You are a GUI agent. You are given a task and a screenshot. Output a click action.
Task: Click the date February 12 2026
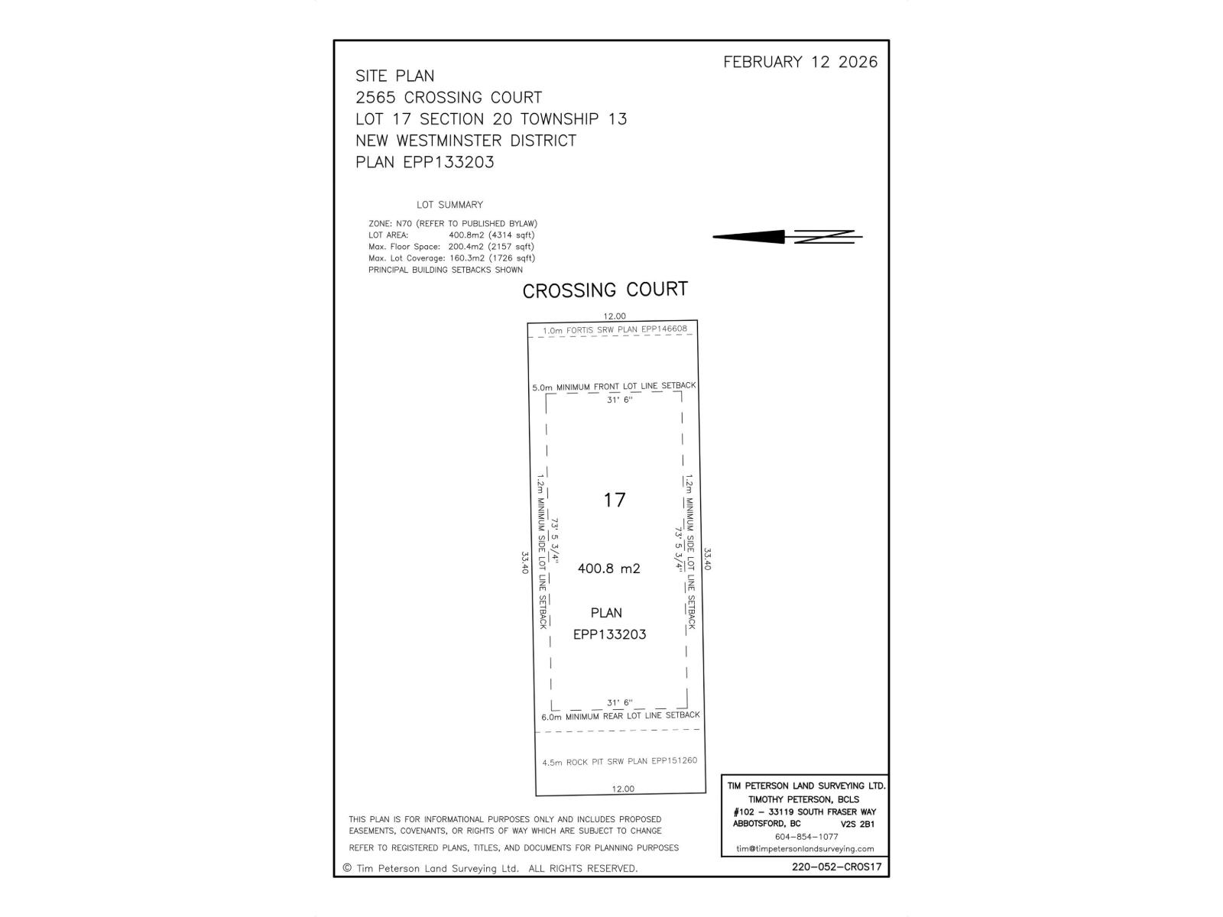click(x=800, y=62)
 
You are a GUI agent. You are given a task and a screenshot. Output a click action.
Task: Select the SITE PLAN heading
click(x=394, y=76)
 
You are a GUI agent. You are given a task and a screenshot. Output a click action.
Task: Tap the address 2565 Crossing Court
click(x=449, y=97)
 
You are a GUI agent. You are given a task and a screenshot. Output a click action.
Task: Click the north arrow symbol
click(x=787, y=237)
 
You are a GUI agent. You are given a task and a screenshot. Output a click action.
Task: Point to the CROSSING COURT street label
click(x=605, y=290)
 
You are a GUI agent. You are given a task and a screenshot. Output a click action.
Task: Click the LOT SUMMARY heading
click(x=449, y=205)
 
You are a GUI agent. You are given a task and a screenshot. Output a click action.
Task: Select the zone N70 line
click(x=453, y=223)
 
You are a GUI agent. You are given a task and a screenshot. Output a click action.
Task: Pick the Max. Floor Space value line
click(x=451, y=246)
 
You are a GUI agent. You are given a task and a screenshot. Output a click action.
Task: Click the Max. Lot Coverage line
click(x=451, y=258)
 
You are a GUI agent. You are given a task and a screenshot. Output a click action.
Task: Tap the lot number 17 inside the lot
click(x=615, y=500)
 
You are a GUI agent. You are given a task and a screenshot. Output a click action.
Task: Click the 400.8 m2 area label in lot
click(x=608, y=569)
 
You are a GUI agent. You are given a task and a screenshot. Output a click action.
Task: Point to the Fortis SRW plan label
click(x=615, y=329)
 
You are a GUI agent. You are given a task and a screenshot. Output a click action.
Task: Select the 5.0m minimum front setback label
click(x=614, y=386)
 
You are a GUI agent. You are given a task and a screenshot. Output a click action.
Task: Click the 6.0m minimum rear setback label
click(x=620, y=716)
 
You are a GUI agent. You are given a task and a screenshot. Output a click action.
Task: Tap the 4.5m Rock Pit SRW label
click(x=619, y=761)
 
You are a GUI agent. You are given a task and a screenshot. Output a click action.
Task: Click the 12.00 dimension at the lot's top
click(x=615, y=316)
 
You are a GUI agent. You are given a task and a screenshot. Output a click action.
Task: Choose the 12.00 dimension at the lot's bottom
click(x=623, y=789)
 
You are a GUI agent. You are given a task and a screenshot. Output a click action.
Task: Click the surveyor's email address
click(x=805, y=848)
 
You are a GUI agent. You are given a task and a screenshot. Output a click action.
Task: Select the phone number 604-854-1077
click(x=806, y=836)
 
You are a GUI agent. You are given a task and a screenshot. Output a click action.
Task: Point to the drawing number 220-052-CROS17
click(x=837, y=867)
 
